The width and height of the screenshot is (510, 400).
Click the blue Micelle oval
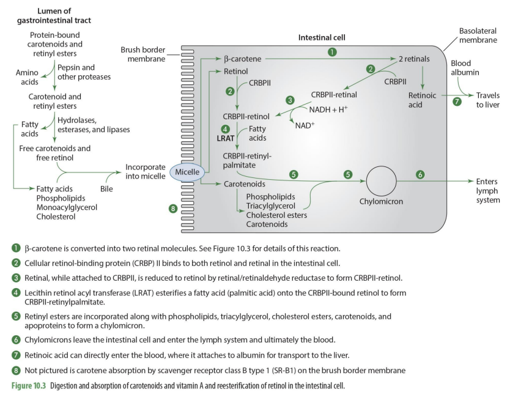[187, 172]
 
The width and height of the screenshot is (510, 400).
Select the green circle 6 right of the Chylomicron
[420, 174]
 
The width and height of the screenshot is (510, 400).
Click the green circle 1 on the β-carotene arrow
[332, 52]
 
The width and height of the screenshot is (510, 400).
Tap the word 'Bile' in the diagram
[106, 189]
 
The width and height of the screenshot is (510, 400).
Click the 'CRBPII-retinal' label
[334, 95]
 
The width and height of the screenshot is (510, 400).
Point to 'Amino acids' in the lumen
[27, 78]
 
